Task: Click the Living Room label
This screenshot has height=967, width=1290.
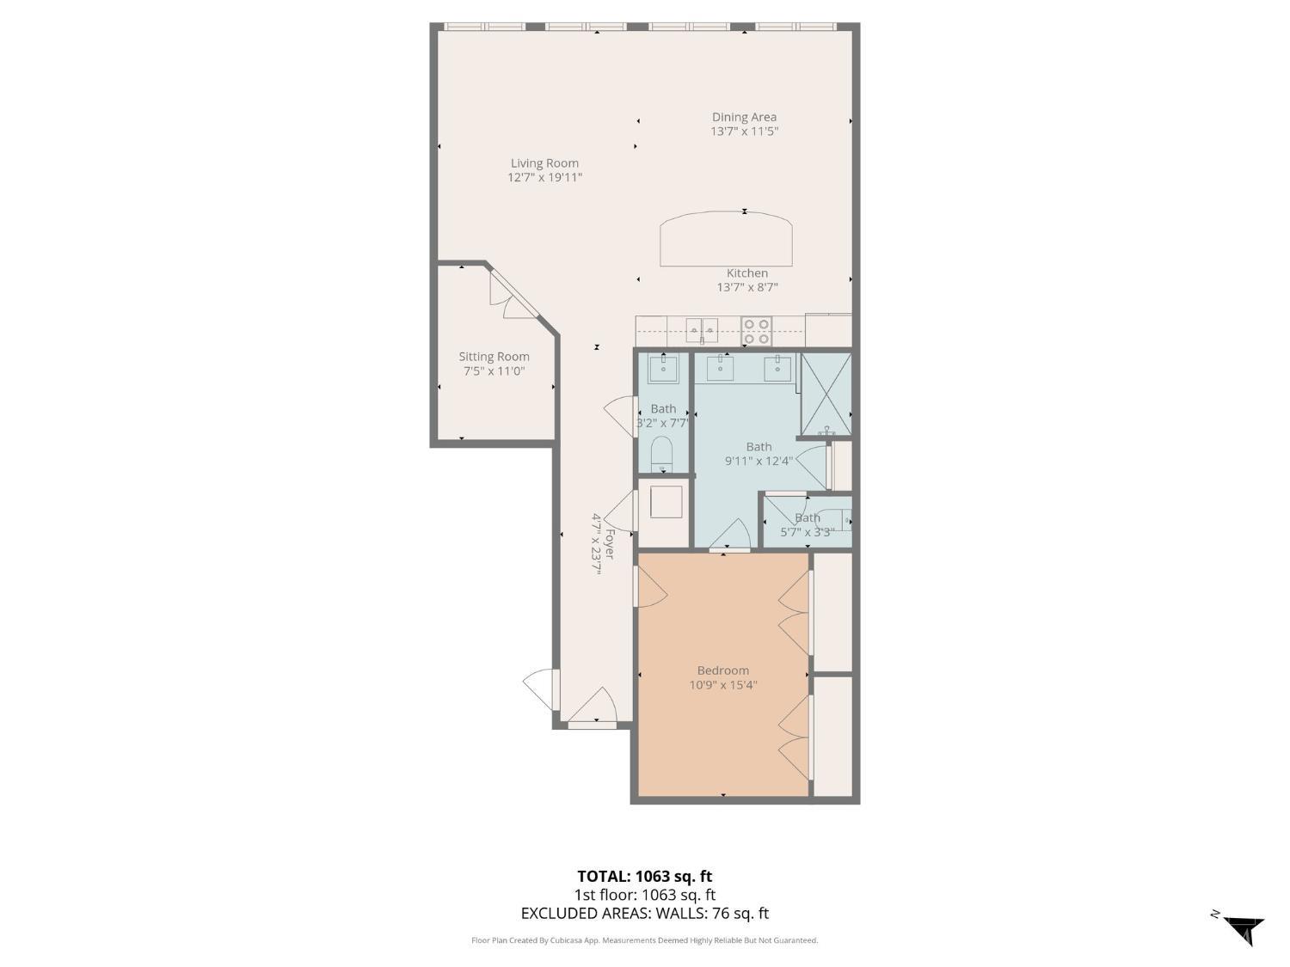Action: tap(544, 163)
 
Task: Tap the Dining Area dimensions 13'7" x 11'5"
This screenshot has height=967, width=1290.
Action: tap(744, 131)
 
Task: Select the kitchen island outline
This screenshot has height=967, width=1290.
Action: tap(726, 239)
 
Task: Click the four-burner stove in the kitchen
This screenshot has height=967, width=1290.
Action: tap(756, 332)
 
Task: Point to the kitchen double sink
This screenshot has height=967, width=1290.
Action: tap(702, 331)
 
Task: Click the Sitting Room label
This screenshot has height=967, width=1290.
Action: tap(494, 357)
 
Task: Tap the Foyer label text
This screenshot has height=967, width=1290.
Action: tap(610, 544)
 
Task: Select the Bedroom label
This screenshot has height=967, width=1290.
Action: tap(723, 670)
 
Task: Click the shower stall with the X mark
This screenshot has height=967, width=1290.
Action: tap(826, 394)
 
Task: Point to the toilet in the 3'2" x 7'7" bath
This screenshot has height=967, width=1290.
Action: tap(662, 454)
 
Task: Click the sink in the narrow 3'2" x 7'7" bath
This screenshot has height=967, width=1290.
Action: tap(664, 368)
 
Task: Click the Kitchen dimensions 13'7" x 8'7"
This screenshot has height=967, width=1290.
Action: tap(747, 287)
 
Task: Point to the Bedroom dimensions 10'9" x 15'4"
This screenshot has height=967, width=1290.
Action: tap(723, 684)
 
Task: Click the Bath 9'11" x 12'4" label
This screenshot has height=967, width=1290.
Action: tap(759, 454)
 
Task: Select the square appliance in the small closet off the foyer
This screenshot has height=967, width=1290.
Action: tap(666, 502)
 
